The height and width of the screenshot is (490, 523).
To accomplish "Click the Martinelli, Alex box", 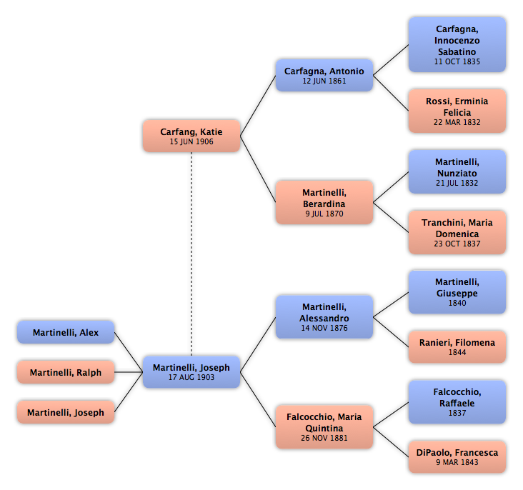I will [66, 332].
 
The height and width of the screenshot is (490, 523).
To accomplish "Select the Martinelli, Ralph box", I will [66, 372].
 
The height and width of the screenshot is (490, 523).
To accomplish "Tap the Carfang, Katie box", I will [191, 136].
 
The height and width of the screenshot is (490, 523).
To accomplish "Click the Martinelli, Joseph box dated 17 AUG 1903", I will [191, 371].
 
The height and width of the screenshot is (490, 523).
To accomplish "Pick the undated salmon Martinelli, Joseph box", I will [66, 412].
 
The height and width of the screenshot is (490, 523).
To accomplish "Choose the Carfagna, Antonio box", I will [324, 75].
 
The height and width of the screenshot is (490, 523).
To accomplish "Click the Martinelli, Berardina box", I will [324, 202].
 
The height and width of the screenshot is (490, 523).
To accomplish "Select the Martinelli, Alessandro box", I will [324, 316].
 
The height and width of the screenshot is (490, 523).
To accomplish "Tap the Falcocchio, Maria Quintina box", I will [324, 426].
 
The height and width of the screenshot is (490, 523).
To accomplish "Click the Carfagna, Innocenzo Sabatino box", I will [457, 44].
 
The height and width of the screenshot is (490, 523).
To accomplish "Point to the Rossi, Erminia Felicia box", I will [457, 111].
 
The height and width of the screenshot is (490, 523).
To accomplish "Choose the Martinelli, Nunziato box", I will [457, 171].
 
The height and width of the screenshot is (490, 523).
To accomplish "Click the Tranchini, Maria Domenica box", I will [457, 232].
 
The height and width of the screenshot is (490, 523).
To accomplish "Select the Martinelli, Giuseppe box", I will [457, 291].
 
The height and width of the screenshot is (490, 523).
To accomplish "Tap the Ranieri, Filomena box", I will [457, 346].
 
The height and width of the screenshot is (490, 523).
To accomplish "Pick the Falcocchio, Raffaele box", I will [457, 401].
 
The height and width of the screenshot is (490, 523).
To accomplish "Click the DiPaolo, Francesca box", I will [457, 456].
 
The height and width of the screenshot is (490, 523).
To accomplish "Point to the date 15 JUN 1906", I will [191, 142].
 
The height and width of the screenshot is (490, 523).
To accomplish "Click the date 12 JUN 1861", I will [324, 81].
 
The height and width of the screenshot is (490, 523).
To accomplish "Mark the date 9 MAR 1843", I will [457, 463].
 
